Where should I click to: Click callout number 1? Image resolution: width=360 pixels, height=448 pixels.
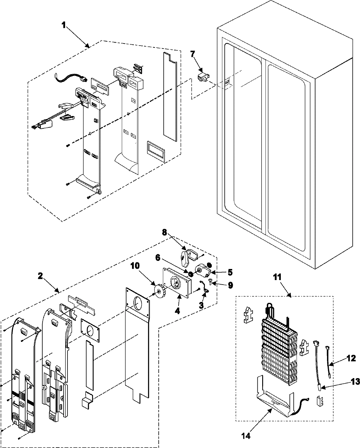point(64,25)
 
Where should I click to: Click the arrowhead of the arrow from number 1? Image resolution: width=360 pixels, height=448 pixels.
point(88,46)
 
